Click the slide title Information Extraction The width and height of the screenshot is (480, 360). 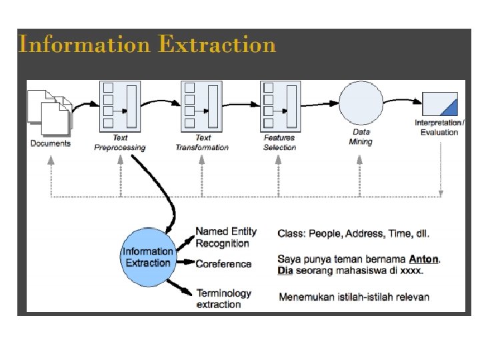(x=147, y=45)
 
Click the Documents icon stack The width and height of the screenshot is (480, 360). (x=50, y=109)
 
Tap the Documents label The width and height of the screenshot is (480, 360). (x=51, y=143)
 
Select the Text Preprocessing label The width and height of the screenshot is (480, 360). (x=120, y=142)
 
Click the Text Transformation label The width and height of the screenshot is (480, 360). (x=202, y=142)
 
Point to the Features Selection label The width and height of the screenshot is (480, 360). (x=279, y=142)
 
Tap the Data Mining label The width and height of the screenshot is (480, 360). (x=361, y=137)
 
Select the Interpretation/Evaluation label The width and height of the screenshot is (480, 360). (x=439, y=127)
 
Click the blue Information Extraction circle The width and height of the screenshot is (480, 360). (x=148, y=257)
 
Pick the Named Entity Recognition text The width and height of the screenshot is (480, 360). (x=226, y=237)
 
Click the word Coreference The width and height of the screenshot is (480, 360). (x=223, y=264)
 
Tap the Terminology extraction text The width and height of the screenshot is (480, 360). (x=223, y=299)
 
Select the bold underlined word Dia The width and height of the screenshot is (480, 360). (x=285, y=271)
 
